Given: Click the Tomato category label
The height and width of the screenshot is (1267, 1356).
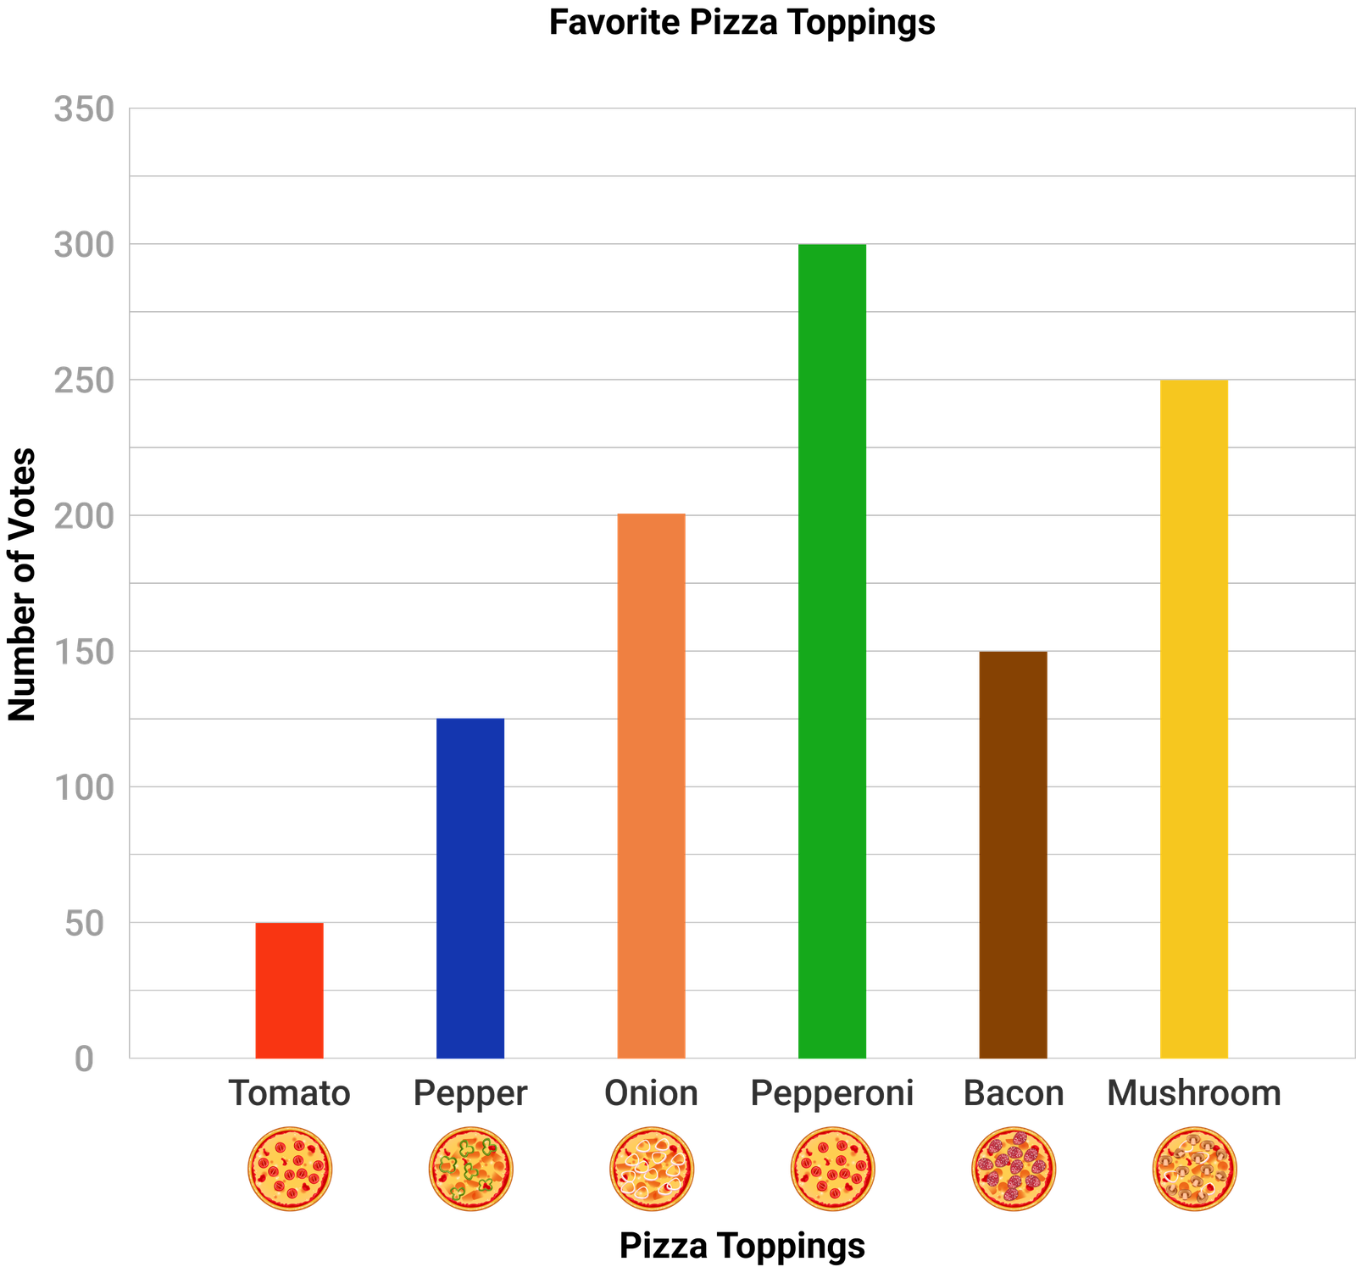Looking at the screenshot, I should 289,1093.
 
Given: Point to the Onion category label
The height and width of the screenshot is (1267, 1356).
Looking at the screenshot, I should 651,1093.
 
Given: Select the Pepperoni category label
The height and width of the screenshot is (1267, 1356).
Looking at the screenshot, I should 832,1093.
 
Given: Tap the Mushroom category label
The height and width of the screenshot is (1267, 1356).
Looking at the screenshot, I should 1194,1093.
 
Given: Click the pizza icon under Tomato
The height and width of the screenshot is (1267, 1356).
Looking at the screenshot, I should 290,1169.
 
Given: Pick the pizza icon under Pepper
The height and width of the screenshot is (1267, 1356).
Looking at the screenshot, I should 470,1169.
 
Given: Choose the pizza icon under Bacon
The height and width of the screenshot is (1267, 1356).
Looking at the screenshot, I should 1014,1169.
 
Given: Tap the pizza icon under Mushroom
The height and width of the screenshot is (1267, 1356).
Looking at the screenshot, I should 1194,1169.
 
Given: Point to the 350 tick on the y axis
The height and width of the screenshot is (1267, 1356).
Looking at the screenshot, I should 84,109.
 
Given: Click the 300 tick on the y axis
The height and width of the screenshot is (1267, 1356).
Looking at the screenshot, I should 84,246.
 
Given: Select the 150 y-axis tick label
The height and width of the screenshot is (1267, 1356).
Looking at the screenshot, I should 84,653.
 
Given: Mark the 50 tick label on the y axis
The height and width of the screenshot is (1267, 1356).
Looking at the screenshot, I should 84,924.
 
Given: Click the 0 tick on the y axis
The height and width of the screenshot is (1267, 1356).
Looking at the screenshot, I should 84,1059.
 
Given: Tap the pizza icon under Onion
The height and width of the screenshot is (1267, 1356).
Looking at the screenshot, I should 652,1169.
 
